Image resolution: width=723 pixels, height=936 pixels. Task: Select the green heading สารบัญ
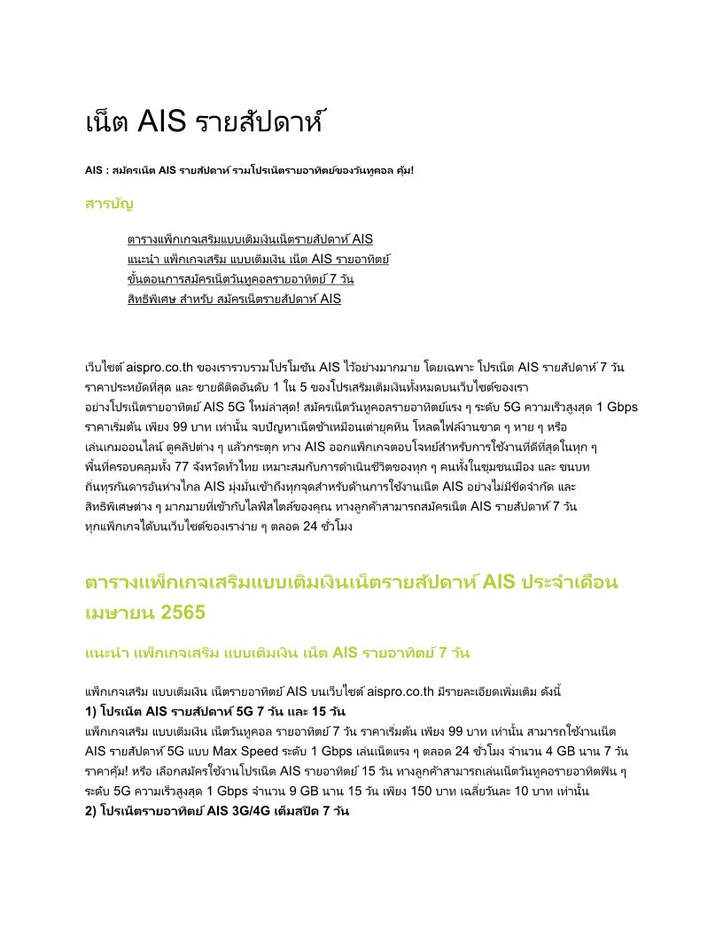pos(109,204)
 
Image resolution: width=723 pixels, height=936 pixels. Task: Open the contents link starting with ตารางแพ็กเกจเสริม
pos(250,239)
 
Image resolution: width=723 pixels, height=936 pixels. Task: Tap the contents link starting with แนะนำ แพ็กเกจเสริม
pos(259,259)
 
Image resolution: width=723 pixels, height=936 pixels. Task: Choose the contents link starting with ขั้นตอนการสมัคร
pos(241,279)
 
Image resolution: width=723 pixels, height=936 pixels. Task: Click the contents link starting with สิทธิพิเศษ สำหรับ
pos(234,299)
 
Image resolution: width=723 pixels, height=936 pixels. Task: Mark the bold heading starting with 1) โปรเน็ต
pos(214,712)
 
